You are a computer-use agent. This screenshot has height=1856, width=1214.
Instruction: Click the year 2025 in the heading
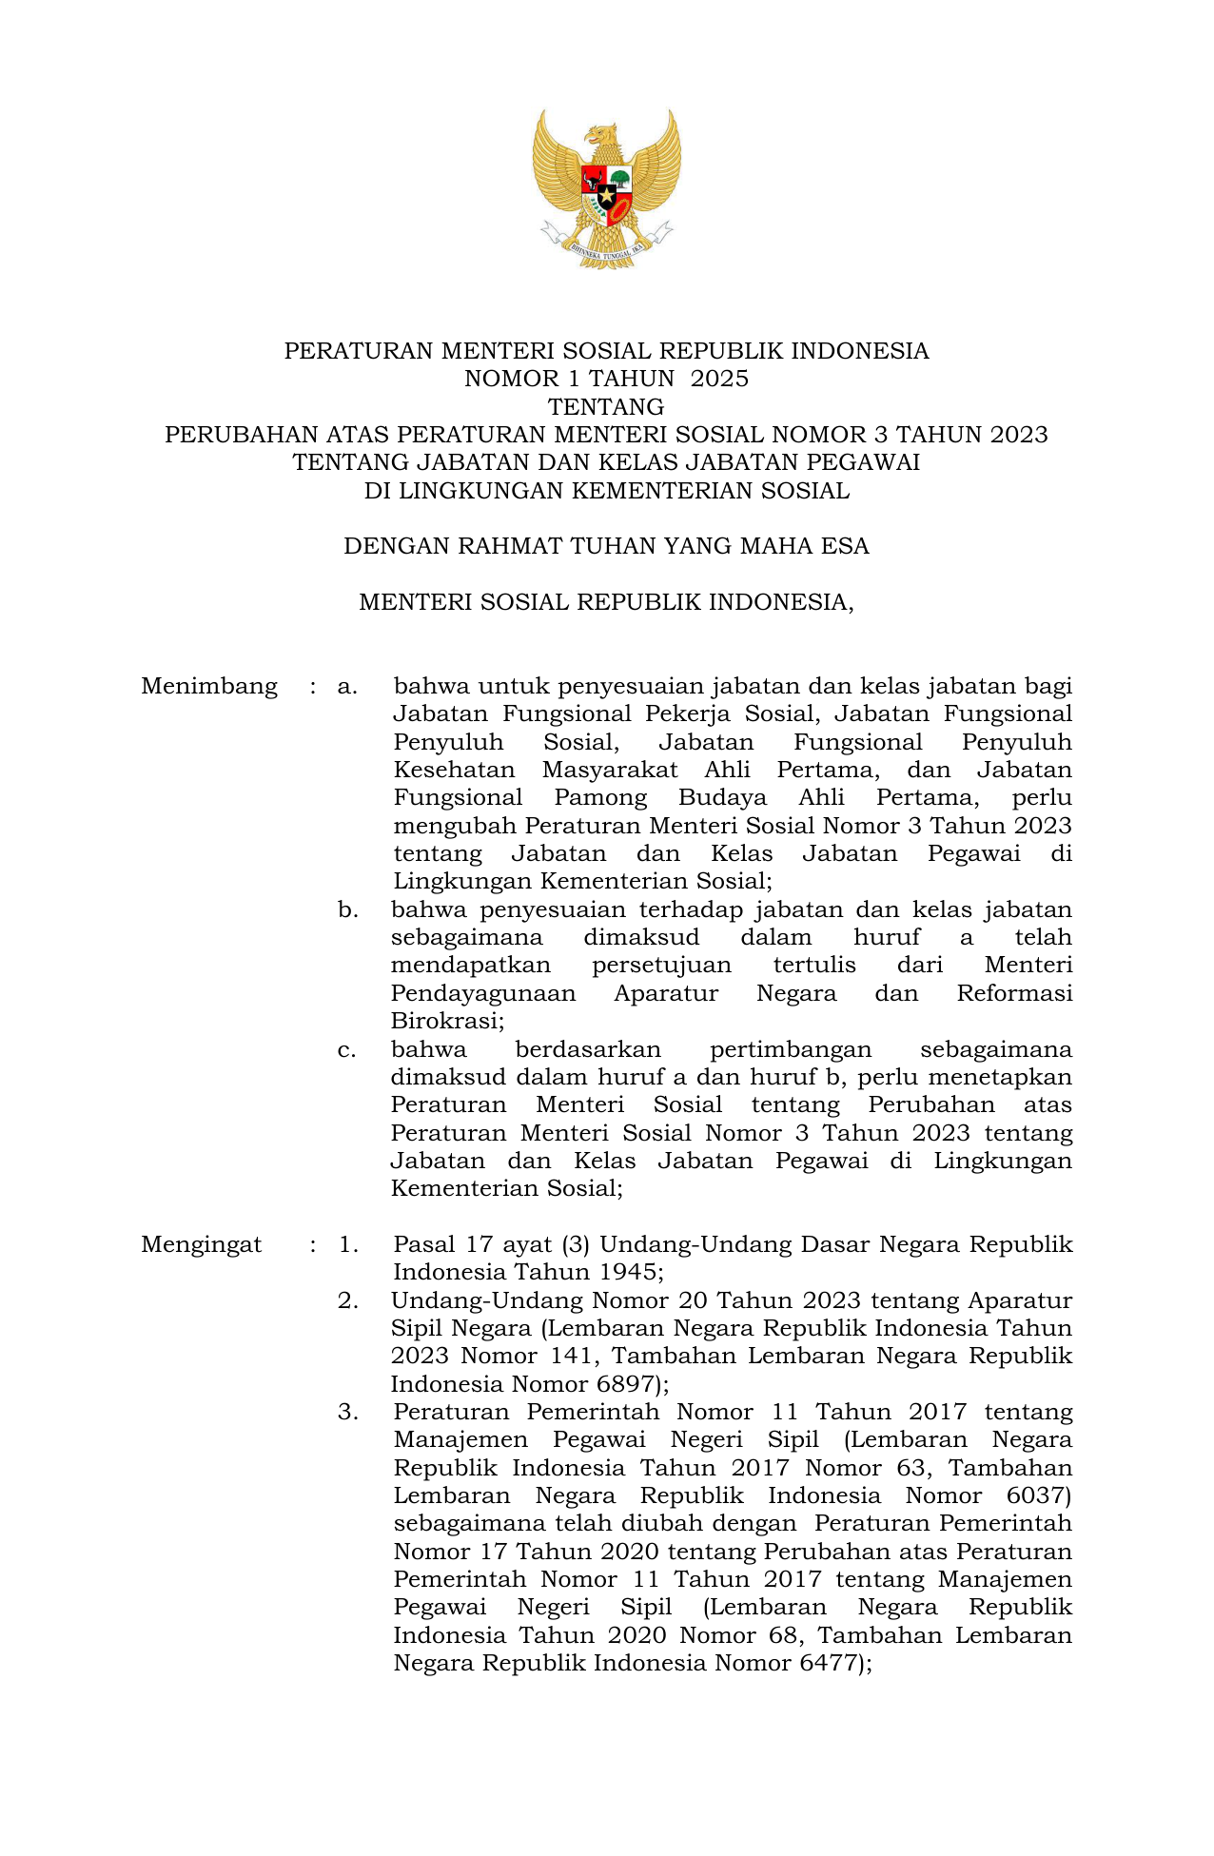click(x=719, y=379)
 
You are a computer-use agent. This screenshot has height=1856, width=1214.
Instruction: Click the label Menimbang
click(x=209, y=686)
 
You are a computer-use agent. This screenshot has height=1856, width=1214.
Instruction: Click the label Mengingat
click(x=201, y=1244)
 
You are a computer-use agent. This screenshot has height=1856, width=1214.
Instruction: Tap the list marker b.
click(x=348, y=909)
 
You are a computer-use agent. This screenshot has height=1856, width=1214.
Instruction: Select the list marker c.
click(x=347, y=1049)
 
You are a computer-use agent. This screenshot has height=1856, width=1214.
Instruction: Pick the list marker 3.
click(x=348, y=1412)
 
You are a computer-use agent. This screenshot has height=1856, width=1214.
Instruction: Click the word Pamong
click(x=600, y=797)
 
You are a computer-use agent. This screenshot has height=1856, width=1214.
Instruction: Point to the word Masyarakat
click(x=610, y=770)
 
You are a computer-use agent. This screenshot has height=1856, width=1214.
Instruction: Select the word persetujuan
click(x=661, y=965)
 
